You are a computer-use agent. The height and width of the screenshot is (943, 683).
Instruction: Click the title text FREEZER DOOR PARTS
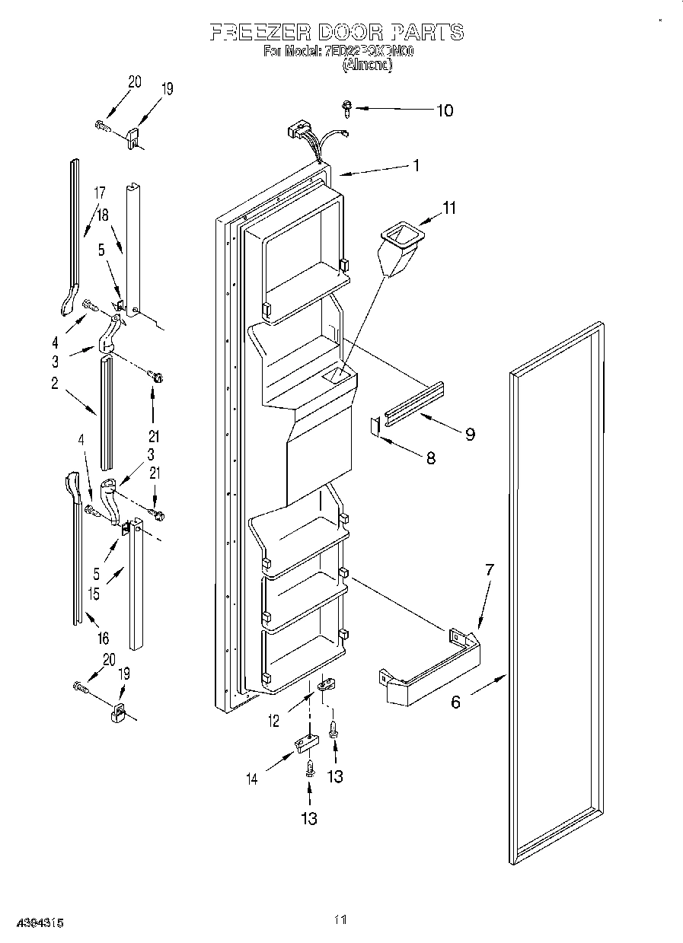click(x=337, y=32)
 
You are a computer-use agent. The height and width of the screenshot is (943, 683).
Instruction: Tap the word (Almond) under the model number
click(x=367, y=66)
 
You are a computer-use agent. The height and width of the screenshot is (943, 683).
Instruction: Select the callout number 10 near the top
click(x=444, y=110)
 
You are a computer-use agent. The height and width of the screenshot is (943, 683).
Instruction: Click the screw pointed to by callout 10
click(x=348, y=108)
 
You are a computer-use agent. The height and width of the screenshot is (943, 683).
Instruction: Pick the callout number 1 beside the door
click(x=416, y=164)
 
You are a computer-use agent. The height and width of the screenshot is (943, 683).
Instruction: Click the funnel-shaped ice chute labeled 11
click(x=398, y=250)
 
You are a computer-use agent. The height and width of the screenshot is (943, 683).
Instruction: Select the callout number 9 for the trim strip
click(x=470, y=434)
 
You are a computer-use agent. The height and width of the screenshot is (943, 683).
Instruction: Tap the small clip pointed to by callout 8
click(x=375, y=425)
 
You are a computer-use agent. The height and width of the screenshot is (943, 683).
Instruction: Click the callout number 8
click(x=431, y=459)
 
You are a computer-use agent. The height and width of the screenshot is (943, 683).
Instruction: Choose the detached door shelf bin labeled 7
click(x=430, y=666)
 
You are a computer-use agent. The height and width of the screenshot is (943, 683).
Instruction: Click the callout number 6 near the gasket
click(x=455, y=702)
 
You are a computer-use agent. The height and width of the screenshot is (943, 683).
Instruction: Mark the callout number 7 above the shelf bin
click(x=489, y=569)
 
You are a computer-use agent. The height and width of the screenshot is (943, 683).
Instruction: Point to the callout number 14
click(x=251, y=778)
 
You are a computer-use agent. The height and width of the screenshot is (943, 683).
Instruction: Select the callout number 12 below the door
click(x=273, y=721)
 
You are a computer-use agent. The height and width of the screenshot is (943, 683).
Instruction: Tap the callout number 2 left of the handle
click(x=55, y=384)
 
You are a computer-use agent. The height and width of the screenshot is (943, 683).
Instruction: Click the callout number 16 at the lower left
click(x=103, y=638)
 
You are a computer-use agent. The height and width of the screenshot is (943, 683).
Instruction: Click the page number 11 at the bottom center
click(x=341, y=920)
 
